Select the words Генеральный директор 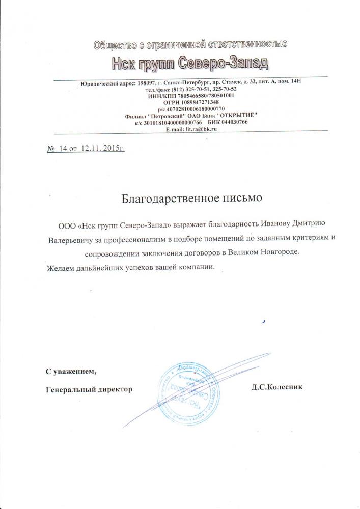(x=89, y=389)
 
